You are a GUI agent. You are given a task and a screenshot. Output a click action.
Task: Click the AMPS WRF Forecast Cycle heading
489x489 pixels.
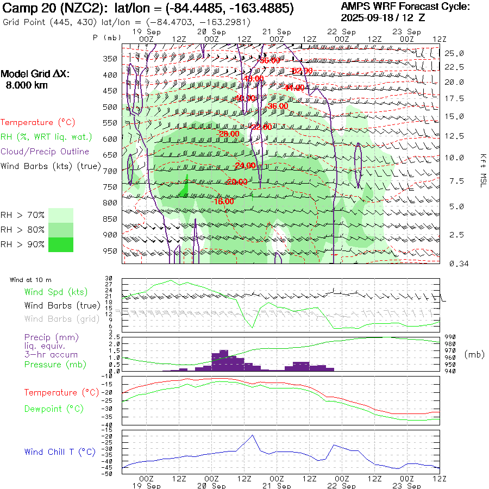(405, 7)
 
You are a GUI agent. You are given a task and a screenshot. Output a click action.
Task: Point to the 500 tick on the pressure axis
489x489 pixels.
(110, 107)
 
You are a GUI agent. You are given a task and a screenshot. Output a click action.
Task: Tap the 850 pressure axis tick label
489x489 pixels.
(110, 219)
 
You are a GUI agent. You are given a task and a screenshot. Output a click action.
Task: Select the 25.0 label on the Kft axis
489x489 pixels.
(454, 53)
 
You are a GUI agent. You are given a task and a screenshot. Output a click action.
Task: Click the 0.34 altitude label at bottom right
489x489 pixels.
(454, 264)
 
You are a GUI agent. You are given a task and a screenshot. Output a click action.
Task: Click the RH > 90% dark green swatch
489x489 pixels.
(61, 244)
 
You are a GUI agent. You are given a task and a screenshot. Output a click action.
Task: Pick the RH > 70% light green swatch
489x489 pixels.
(61, 215)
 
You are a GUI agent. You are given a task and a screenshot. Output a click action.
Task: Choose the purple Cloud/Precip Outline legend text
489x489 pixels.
(45, 152)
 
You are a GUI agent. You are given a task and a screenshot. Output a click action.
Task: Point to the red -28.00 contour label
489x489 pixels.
(229, 134)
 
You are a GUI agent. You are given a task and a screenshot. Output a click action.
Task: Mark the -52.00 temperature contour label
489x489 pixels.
(302, 71)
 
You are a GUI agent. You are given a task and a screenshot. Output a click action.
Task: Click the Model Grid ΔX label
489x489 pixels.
(35, 74)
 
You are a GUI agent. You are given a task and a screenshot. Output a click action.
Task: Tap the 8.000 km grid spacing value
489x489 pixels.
(26, 85)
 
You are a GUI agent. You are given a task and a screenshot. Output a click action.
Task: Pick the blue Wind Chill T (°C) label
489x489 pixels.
(60, 452)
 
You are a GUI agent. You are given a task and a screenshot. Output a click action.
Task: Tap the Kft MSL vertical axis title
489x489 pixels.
(482, 170)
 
